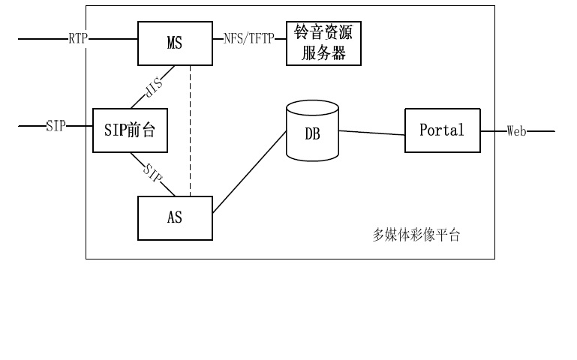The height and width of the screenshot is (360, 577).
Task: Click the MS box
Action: pyautogui.click(x=174, y=43)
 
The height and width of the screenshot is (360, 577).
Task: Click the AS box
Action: pyautogui.click(x=174, y=218)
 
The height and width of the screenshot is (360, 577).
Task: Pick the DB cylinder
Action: pyautogui.click(x=312, y=133)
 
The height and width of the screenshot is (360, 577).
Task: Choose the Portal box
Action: pyautogui.click(x=441, y=130)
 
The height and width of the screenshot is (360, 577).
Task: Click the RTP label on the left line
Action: pyautogui.click(x=78, y=37)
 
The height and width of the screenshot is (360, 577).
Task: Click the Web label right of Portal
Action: pyautogui.click(x=516, y=131)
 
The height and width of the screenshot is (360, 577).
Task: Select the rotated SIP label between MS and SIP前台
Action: pyautogui.click(x=153, y=91)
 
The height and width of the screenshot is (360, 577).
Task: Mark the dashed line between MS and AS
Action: pyautogui.click(x=190, y=127)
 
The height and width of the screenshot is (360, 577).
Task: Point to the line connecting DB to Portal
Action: pyautogui.click(x=371, y=133)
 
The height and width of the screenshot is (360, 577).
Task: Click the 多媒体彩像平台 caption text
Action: pyautogui.click(x=416, y=235)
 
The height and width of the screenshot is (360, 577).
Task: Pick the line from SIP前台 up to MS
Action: pyautogui.click(x=167, y=75)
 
